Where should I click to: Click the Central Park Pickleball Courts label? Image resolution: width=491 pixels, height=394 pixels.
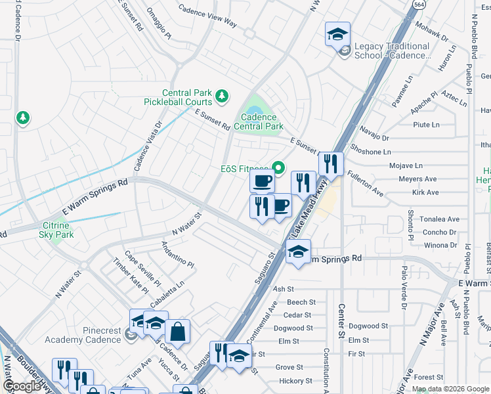coord(178,97)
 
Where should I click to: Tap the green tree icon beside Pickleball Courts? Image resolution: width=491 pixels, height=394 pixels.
coord(222,97)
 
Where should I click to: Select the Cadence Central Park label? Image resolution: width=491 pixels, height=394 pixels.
coord(258,121)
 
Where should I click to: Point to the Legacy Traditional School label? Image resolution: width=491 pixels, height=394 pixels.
coord(392,51)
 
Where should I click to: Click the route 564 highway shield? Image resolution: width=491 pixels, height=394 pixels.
coord(417,4)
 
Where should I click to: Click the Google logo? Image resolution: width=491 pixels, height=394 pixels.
coord(22,386)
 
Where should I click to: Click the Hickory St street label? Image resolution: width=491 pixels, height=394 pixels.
coord(294,381)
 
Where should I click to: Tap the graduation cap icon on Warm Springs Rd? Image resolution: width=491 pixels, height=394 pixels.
coord(298,252)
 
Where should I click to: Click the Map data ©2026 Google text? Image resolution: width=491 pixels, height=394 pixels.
coord(450,388)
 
